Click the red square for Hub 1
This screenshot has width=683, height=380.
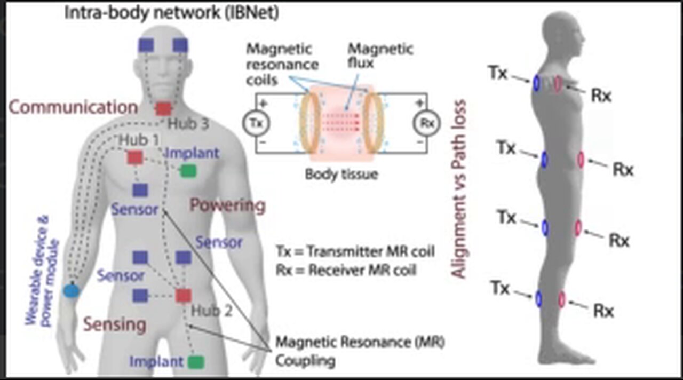tap(134, 157)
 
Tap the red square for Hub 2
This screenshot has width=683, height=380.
tap(184, 296)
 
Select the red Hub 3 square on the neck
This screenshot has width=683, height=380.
tap(163, 109)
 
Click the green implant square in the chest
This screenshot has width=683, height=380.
tap(187, 171)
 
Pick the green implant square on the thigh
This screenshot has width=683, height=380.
tap(196, 362)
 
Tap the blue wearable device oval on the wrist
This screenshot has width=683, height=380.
tap(71, 291)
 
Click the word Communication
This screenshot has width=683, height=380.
tap(74, 107)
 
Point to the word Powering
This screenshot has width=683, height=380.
tap(228, 205)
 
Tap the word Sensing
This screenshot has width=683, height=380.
tap(114, 324)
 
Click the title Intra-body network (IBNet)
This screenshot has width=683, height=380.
tap(171, 13)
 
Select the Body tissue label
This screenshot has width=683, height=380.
tap(341, 174)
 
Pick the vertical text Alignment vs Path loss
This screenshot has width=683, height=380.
tap(458, 189)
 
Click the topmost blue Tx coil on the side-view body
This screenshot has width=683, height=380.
tap(536, 83)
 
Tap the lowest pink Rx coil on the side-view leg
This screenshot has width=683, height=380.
tap(562, 299)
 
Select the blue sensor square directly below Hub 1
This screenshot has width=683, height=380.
tap(140, 190)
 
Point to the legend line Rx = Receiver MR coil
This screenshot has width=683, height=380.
tap(346, 270)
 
